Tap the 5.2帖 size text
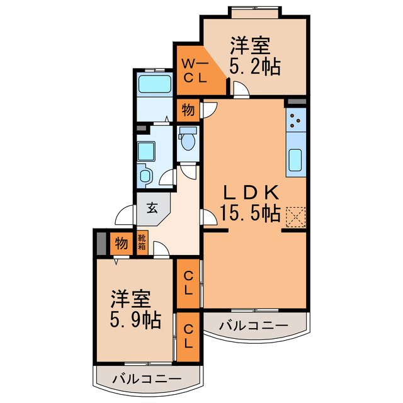[x=255, y=66]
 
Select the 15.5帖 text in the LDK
[x=250, y=213]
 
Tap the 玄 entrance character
[x=153, y=207]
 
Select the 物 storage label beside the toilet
[x=188, y=110]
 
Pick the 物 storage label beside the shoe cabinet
[x=121, y=242]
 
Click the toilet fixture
[x=188, y=139]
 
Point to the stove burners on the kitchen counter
[x=296, y=120]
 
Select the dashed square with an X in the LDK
[x=295, y=217]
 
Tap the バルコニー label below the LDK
[x=254, y=326]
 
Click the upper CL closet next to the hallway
[x=188, y=284]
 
